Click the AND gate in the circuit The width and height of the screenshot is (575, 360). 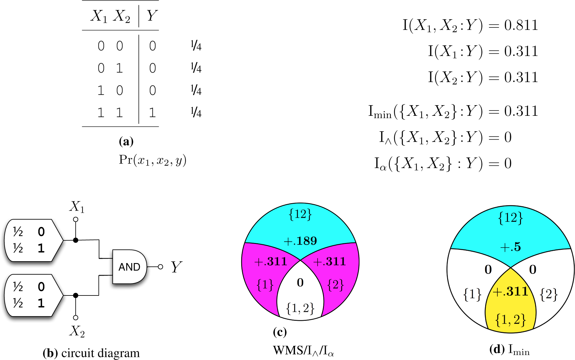pyautogui.click(x=129, y=267)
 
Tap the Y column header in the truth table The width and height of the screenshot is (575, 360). pyautogui.click(x=152, y=15)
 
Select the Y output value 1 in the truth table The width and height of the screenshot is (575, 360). pyautogui.click(x=152, y=113)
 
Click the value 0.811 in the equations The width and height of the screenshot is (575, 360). pyautogui.click(x=521, y=25)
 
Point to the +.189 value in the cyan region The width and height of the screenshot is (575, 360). pyautogui.click(x=300, y=241)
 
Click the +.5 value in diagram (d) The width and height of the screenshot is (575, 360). pyautogui.click(x=510, y=247)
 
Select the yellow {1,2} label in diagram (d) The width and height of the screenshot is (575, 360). pyautogui.click(x=510, y=320)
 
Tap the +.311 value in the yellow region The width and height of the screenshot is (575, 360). pyautogui.click(x=510, y=291)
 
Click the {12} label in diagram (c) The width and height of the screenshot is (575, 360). pyautogui.click(x=300, y=214)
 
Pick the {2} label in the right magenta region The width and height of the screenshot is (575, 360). pyautogui.click(x=335, y=285)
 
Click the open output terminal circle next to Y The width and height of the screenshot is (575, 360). pyautogui.click(x=160, y=267)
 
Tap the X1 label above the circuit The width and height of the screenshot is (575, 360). pyautogui.click(x=77, y=207)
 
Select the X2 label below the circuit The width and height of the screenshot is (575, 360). pyautogui.click(x=77, y=331)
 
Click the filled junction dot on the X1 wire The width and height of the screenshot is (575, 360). pyautogui.click(x=76, y=240)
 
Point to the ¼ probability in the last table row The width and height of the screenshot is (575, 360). pyautogui.click(x=196, y=112)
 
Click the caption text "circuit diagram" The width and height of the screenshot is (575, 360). pyautogui.click(x=100, y=353)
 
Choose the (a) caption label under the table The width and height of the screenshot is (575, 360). pyautogui.click(x=126, y=141)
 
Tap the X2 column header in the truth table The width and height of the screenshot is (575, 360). pyautogui.click(x=121, y=16)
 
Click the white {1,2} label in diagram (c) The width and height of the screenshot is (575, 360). pyautogui.click(x=300, y=308)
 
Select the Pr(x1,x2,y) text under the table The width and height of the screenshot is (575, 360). pyautogui.click(x=153, y=160)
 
